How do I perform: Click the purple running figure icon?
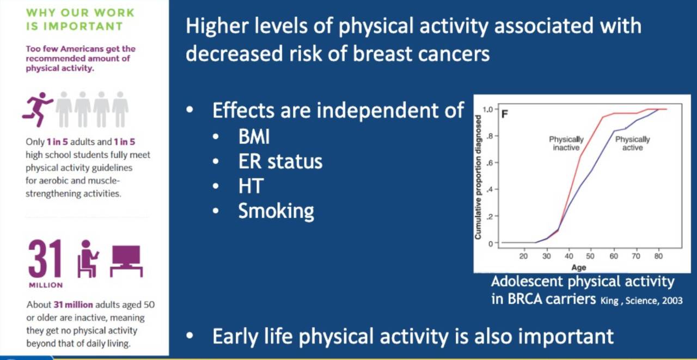pos(38,109)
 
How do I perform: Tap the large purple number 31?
pos(45,259)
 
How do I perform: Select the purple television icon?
pos(126,261)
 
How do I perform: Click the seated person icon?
pos(88,259)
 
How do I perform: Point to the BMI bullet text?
pos(254,137)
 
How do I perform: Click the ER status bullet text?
pos(280,162)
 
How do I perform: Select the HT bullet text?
pos(251,186)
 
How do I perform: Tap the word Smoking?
pos(276,211)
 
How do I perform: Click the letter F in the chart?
pos(505,114)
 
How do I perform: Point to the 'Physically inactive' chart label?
pos(566,143)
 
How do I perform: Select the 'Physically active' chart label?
pos(633,143)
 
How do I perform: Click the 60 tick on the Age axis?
pos(614,256)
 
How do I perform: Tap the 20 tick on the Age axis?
pos(523,256)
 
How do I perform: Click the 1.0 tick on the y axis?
pos(488,109)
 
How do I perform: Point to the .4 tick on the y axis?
pos(490,189)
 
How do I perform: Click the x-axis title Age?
pos(578,267)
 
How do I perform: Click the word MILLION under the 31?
pos(46,285)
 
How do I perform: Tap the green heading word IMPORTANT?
pos(83,26)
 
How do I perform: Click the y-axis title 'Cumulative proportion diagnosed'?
pos(478,178)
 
